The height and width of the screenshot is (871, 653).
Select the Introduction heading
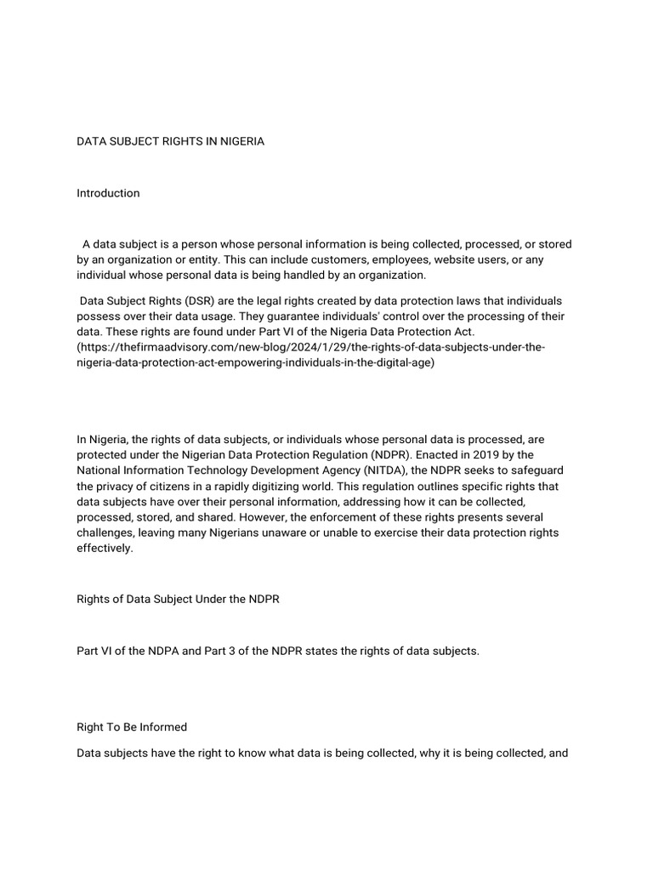coord(108,193)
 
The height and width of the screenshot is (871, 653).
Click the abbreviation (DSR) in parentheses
coord(191,301)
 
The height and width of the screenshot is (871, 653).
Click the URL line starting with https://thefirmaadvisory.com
coord(311,347)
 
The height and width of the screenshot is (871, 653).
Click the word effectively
coord(105,548)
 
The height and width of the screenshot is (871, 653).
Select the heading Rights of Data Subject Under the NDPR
coord(178,599)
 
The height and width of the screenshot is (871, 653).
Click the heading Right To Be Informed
coord(132,727)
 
